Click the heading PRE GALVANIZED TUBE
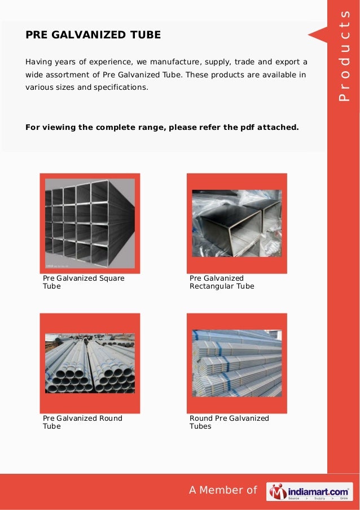click(x=93, y=35)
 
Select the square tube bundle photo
click(x=90, y=223)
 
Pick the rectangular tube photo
click(x=236, y=223)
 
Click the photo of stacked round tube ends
click(x=90, y=364)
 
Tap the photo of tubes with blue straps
click(x=236, y=363)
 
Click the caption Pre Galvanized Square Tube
click(x=84, y=282)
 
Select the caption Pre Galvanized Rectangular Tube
click(x=222, y=282)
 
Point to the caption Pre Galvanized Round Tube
click(x=82, y=422)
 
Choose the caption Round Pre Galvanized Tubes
click(x=229, y=422)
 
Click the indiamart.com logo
click(x=310, y=491)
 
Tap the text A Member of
click(x=223, y=490)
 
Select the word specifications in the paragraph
click(x=121, y=88)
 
